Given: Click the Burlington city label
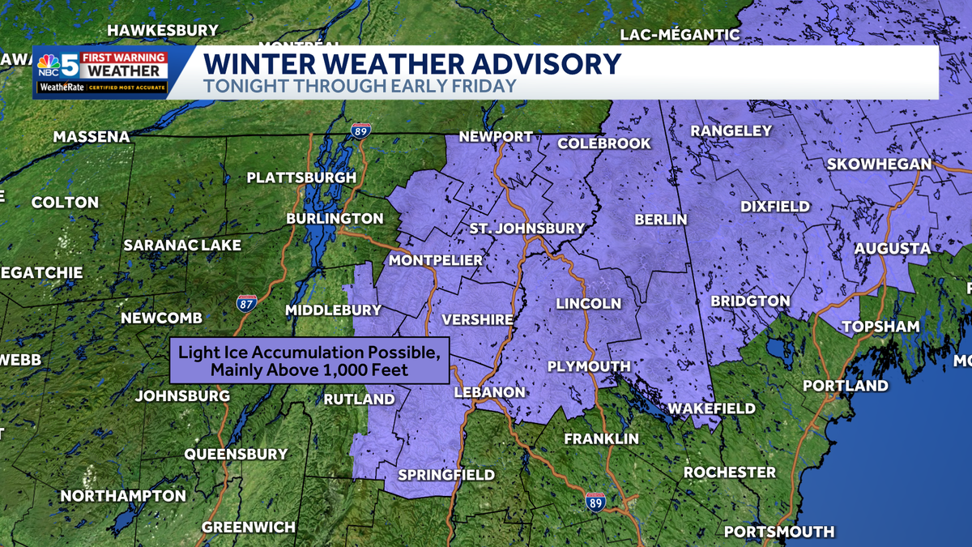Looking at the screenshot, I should coord(335,219).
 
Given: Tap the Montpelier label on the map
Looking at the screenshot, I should coord(436,260).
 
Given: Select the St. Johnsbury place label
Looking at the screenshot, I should coord(526,229).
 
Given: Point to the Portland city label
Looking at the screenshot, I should coord(846,386).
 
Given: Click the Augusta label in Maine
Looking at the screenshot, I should coord(893,248).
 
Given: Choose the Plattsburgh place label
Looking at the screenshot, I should coord(301,177).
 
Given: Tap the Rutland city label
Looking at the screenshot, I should coord(359,399).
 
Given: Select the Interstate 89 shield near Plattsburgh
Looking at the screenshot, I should coord(361,130).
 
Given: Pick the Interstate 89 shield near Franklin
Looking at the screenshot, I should coord(595,502).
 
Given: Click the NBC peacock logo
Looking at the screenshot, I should coord(49,64).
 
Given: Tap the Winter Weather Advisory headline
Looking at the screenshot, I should coord(411,63).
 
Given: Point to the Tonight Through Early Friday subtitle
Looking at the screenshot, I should coord(359,86).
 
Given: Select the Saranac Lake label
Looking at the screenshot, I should coord(183,245).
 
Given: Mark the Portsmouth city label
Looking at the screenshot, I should coord(778,532).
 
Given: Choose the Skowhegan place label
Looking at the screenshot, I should coord(879,164).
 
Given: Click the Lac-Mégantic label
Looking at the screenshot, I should coord(680,34).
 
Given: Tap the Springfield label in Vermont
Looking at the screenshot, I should coord(446,474).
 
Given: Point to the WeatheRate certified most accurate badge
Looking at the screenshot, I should coord(101,87).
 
